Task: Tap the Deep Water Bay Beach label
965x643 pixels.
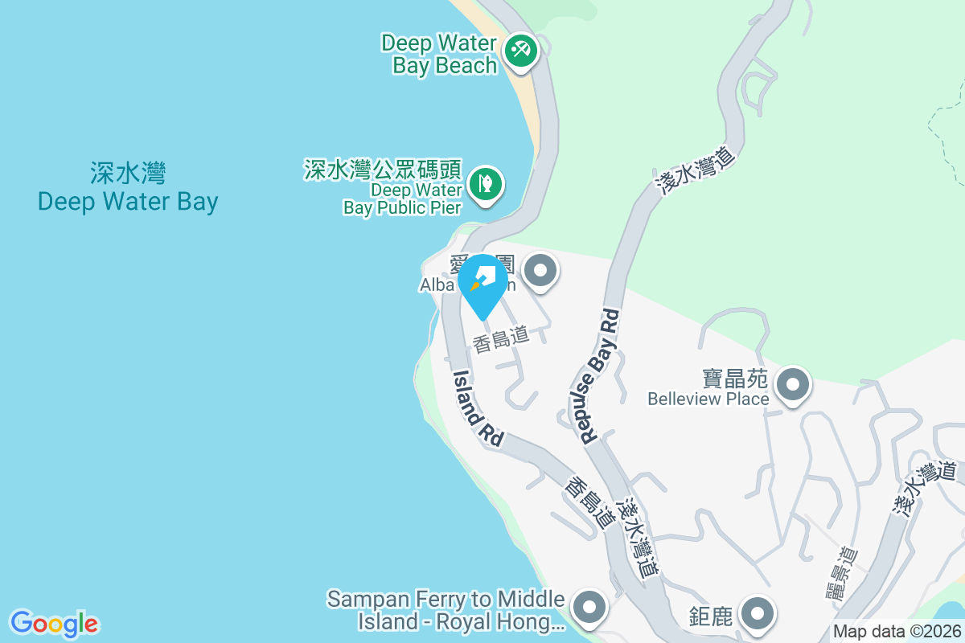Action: (x=440, y=54)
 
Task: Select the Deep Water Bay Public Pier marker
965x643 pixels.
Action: (x=486, y=182)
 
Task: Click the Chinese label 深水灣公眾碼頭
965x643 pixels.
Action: (x=382, y=170)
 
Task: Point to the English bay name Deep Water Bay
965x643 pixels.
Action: (x=128, y=201)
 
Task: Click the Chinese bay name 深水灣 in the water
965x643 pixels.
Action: (x=128, y=173)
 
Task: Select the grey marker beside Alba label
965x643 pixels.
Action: (x=540, y=270)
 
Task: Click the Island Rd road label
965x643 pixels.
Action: (x=478, y=408)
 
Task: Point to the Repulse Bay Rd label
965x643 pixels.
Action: (x=600, y=375)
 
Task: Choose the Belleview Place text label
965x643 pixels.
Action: (x=708, y=399)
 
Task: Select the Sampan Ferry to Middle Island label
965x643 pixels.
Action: (x=447, y=610)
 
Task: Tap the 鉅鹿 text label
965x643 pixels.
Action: (x=711, y=617)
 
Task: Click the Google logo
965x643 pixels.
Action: (x=54, y=624)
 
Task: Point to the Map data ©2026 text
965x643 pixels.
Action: (x=896, y=632)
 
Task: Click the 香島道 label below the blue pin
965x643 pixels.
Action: (x=501, y=341)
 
